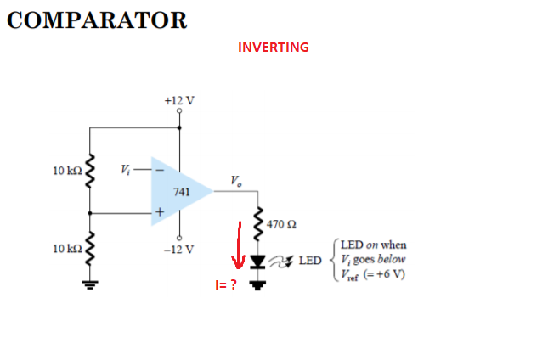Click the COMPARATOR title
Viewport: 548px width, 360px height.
[96, 20]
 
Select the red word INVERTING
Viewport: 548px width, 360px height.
[274, 47]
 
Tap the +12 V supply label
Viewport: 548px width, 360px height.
[179, 100]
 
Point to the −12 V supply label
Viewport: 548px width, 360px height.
[179, 250]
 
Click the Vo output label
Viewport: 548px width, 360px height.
[234, 179]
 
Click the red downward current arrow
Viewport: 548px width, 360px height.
[240, 245]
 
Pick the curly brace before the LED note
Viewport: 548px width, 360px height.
[335, 258]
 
